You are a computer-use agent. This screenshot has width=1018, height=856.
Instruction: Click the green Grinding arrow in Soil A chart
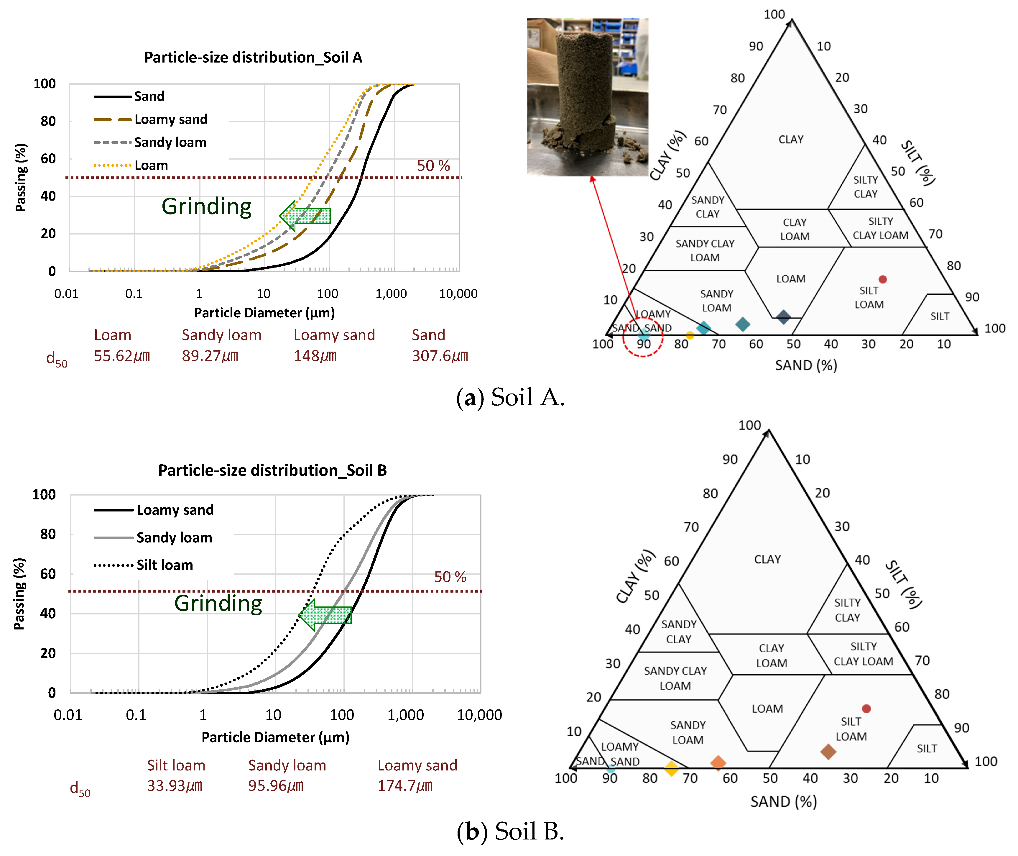pos(305,215)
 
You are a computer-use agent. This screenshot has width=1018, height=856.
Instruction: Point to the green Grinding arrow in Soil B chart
pos(325,615)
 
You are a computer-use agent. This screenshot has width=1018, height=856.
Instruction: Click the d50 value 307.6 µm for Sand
pos(439,356)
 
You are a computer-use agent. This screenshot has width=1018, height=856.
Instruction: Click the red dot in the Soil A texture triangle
pos(883,280)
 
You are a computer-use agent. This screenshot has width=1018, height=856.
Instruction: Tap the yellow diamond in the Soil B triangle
pos(671,768)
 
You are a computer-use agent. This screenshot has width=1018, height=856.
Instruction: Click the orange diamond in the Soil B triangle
pos(718,762)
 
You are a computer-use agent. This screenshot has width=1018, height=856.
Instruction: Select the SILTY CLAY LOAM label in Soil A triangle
pos(880,228)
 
